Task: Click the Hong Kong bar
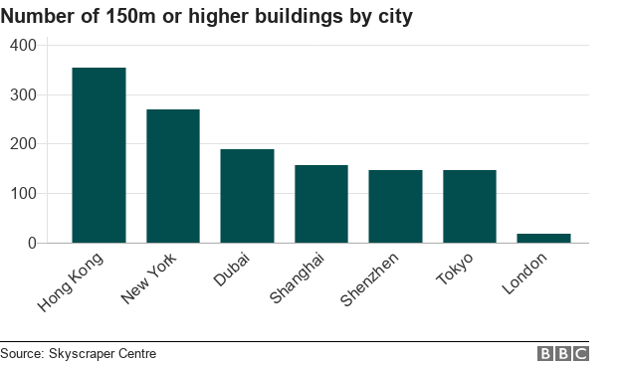pyautogui.click(x=99, y=155)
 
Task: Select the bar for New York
pyautogui.click(x=173, y=176)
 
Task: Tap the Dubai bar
pyautogui.click(x=247, y=196)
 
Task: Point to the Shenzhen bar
pyautogui.click(x=395, y=206)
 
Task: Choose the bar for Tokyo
pyautogui.click(x=470, y=206)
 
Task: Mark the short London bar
pyautogui.click(x=543, y=238)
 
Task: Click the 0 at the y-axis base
pyautogui.click(x=31, y=244)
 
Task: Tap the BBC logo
pyautogui.click(x=563, y=354)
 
